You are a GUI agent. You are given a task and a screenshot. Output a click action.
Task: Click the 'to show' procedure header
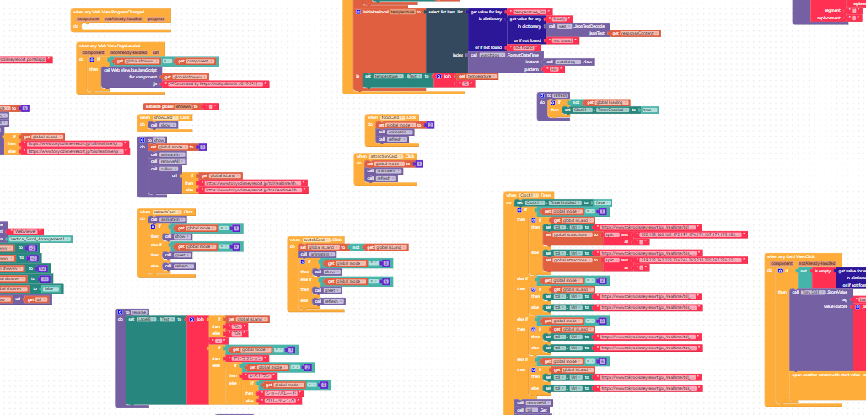pyautogui.click(x=156, y=139)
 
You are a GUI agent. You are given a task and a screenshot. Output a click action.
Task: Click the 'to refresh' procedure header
pyautogui.click(x=557, y=95)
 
